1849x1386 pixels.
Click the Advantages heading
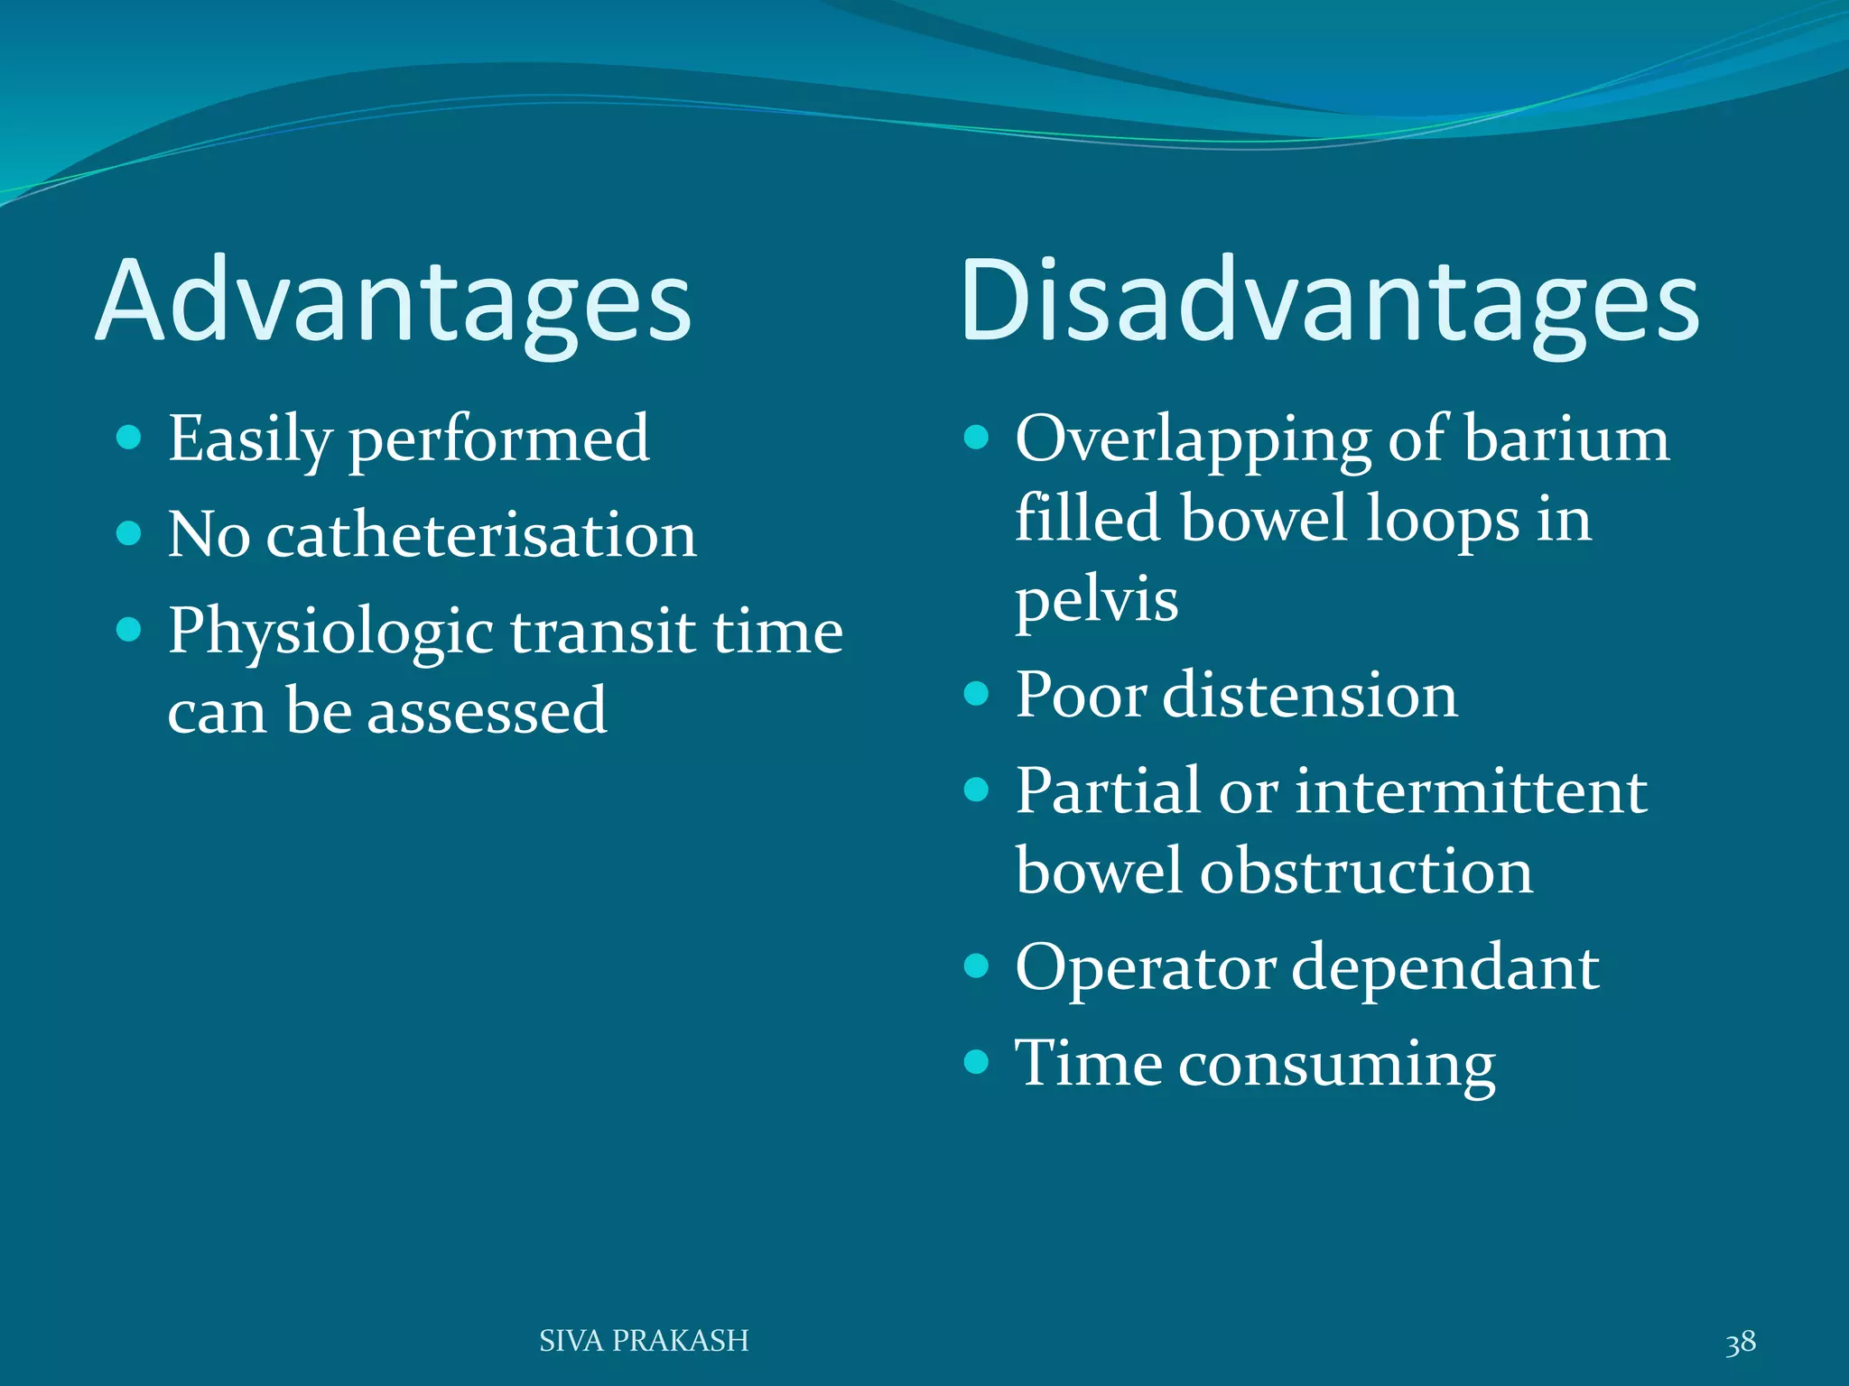tap(394, 302)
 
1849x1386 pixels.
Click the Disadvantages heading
tap(1329, 302)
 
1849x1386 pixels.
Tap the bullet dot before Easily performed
tap(129, 439)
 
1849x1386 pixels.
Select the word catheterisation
tap(481, 534)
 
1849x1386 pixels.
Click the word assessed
tap(487, 711)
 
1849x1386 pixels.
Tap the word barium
tap(1566, 439)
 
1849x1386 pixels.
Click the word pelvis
tap(1096, 601)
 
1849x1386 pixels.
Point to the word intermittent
tap(1472, 791)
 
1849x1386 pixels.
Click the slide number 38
tap(1740, 1342)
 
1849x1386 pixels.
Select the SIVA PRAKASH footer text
tap(644, 1341)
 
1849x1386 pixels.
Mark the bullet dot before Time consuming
tap(976, 1062)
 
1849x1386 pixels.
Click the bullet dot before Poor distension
tap(976, 694)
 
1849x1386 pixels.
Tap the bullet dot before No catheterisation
tap(129, 533)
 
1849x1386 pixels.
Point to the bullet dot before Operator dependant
tap(976, 966)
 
